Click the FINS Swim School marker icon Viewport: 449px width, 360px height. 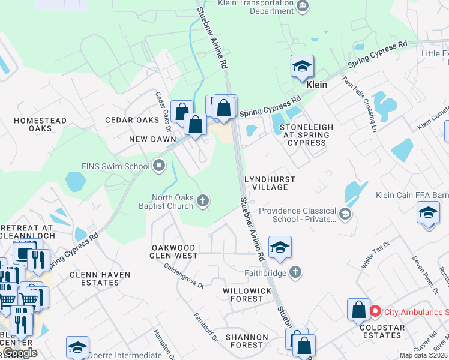159,165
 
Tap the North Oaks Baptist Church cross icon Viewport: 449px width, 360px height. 203,201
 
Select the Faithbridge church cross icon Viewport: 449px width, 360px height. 295,272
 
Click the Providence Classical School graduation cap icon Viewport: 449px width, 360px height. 345,214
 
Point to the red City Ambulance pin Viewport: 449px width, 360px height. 375,311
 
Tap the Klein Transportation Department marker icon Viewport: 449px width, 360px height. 303,7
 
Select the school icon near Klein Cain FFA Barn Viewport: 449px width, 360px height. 428,214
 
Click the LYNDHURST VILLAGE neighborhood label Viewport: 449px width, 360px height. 266,184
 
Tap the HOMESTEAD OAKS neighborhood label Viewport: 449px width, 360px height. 40,124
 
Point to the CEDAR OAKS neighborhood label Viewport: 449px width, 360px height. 132,120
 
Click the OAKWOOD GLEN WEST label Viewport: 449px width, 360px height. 173,251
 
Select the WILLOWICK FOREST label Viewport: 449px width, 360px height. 247,295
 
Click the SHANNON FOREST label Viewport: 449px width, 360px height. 244,341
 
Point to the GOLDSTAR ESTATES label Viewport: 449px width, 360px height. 382,332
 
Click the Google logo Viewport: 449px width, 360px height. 20,353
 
